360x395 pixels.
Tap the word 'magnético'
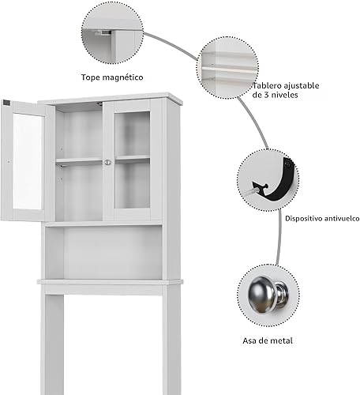point(122,77)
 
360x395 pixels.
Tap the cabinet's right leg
point(171,340)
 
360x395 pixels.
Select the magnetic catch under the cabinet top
point(99,103)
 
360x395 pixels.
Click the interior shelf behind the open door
point(79,160)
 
